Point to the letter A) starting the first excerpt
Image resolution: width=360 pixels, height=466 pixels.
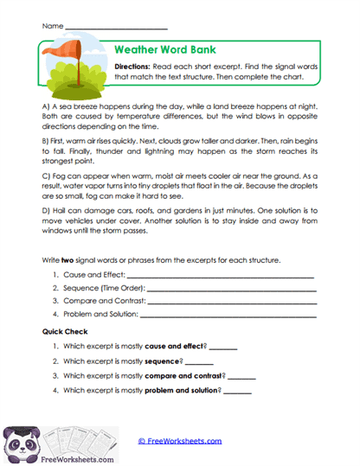45,105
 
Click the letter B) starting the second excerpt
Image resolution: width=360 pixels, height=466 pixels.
45,139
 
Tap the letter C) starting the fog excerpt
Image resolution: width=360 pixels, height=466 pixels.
45,175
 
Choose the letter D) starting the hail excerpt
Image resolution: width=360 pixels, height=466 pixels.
45,210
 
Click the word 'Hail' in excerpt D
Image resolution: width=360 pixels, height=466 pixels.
60,210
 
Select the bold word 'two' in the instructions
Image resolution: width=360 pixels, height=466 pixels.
69,260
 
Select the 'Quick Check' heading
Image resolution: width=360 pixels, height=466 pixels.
65,332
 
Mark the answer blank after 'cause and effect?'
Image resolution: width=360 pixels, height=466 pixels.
222,348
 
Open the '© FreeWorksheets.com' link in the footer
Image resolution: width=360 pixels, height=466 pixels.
179,440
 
